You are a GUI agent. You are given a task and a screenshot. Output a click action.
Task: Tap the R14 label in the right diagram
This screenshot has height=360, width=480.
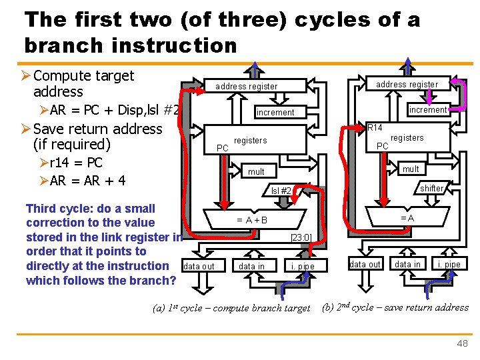[375, 127]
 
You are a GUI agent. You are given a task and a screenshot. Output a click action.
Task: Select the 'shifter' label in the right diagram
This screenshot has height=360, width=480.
[431, 189]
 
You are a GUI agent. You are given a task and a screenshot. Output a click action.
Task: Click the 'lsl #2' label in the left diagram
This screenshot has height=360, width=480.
[281, 191]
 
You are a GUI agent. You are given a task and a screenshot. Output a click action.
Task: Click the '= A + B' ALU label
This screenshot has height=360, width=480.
[253, 220]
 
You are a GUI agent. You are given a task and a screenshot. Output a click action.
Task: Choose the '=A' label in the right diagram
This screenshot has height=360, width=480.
[407, 218]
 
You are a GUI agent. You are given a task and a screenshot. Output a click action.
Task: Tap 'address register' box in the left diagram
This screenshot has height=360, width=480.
[246, 87]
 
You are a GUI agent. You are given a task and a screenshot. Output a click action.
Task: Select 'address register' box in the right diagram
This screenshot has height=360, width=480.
[407, 84]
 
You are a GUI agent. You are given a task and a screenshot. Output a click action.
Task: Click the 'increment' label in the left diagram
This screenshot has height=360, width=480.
[275, 113]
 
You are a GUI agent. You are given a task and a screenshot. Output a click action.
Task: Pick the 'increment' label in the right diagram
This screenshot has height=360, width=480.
[427, 109]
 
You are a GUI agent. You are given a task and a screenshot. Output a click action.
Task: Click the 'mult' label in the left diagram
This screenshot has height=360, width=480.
[256, 172]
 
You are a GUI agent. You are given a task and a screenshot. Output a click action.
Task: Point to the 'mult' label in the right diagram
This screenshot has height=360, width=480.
[410, 169]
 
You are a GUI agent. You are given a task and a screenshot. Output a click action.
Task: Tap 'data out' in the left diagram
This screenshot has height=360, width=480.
[199, 267]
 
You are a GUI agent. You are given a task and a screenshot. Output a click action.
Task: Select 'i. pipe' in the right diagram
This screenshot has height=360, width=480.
[447, 265]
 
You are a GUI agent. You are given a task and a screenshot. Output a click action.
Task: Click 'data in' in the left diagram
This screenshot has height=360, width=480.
[251, 267]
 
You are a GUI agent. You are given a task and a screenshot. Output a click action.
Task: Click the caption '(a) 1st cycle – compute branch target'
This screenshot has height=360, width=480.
[231, 308]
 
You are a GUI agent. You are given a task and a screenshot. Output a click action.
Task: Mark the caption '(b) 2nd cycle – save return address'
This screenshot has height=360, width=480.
[395, 307]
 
